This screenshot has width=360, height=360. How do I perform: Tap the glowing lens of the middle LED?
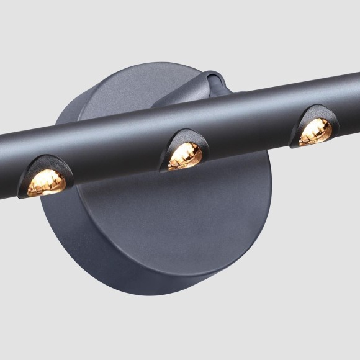185,155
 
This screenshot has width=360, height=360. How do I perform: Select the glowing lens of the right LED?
315,132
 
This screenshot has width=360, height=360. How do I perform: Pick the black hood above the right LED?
316,115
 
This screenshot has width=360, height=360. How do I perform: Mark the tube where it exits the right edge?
354,93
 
